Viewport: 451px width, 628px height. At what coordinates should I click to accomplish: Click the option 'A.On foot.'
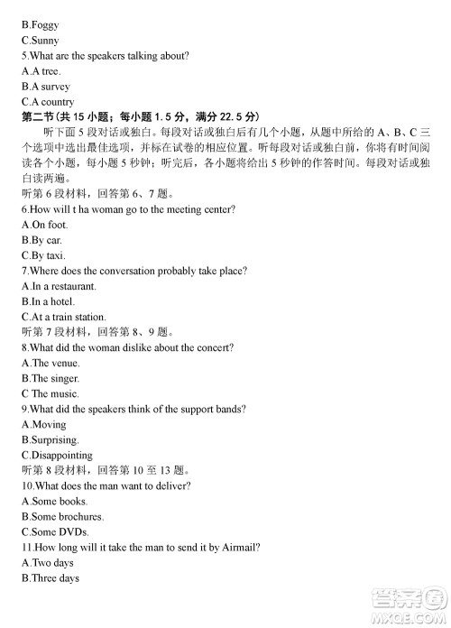click(x=45, y=225)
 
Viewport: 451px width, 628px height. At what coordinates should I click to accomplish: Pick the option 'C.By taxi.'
click(x=43, y=255)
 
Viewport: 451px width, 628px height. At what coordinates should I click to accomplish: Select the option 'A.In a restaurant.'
click(x=61, y=286)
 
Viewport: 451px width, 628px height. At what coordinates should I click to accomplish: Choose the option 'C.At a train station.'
click(x=64, y=317)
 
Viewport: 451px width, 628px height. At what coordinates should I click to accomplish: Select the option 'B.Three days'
click(x=51, y=577)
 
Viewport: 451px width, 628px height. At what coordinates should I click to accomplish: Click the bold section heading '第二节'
click(x=41, y=117)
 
